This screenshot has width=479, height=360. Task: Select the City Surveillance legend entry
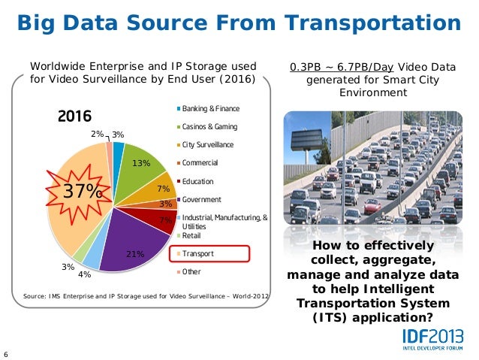(x=206, y=145)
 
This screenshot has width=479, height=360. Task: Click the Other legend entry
(x=191, y=271)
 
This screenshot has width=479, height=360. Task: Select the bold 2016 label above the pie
(x=74, y=118)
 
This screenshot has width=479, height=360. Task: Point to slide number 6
(x=6, y=355)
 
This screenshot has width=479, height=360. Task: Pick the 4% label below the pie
(x=85, y=274)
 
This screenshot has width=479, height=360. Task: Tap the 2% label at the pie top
(x=98, y=133)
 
